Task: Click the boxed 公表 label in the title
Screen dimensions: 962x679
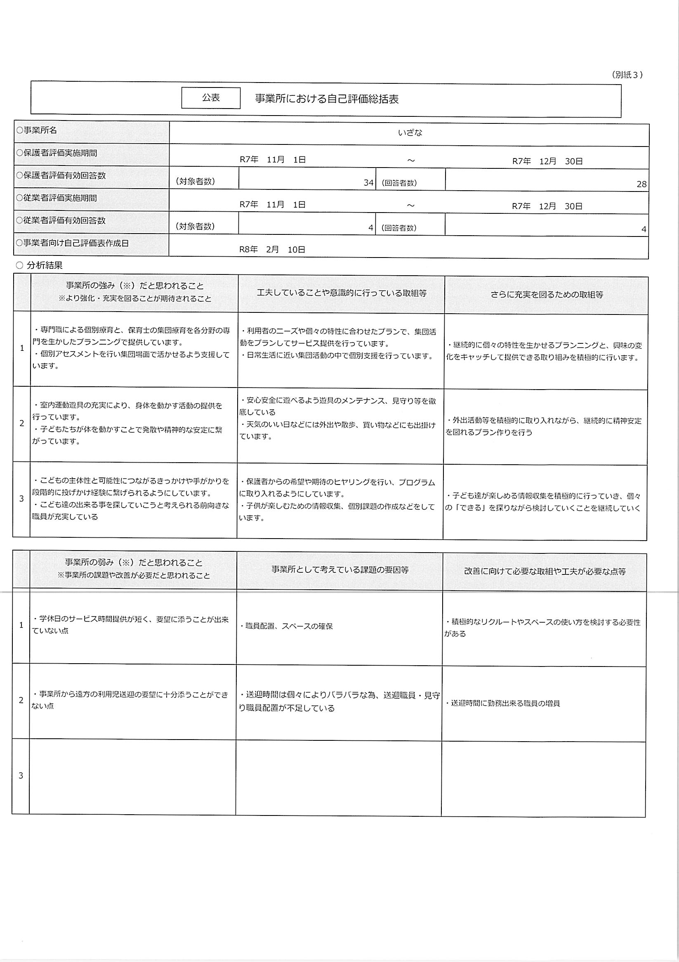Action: click(x=211, y=98)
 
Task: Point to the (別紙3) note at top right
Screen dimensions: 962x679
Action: click(x=627, y=75)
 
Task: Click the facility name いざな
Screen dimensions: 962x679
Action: click(x=410, y=133)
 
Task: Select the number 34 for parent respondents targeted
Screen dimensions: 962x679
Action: click(x=368, y=183)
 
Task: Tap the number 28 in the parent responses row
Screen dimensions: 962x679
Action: click(x=641, y=184)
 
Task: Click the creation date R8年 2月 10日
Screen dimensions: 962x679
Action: click(x=272, y=250)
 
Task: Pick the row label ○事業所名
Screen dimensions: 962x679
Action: click(x=36, y=130)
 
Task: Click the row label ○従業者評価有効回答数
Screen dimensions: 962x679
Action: click(x=61, y=220)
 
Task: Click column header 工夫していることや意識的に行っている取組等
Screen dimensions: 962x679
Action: click(x=342, y=293)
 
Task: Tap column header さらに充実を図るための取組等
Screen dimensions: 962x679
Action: click(x=547, y=295)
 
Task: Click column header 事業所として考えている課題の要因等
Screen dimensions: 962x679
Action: click(x=340, y=570)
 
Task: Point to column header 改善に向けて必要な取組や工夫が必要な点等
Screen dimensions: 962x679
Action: click(x=545, y=572)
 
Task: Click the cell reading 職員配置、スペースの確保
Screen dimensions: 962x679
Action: click(x=287, y=626)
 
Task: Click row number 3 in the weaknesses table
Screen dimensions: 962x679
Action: click(x=21, y=775)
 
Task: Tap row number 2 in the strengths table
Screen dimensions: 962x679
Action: click(x=22, y=423)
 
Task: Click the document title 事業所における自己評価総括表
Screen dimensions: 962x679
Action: click(x=327, y=99)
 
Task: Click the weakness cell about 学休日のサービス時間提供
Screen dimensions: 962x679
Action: click(x=131, y=625)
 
